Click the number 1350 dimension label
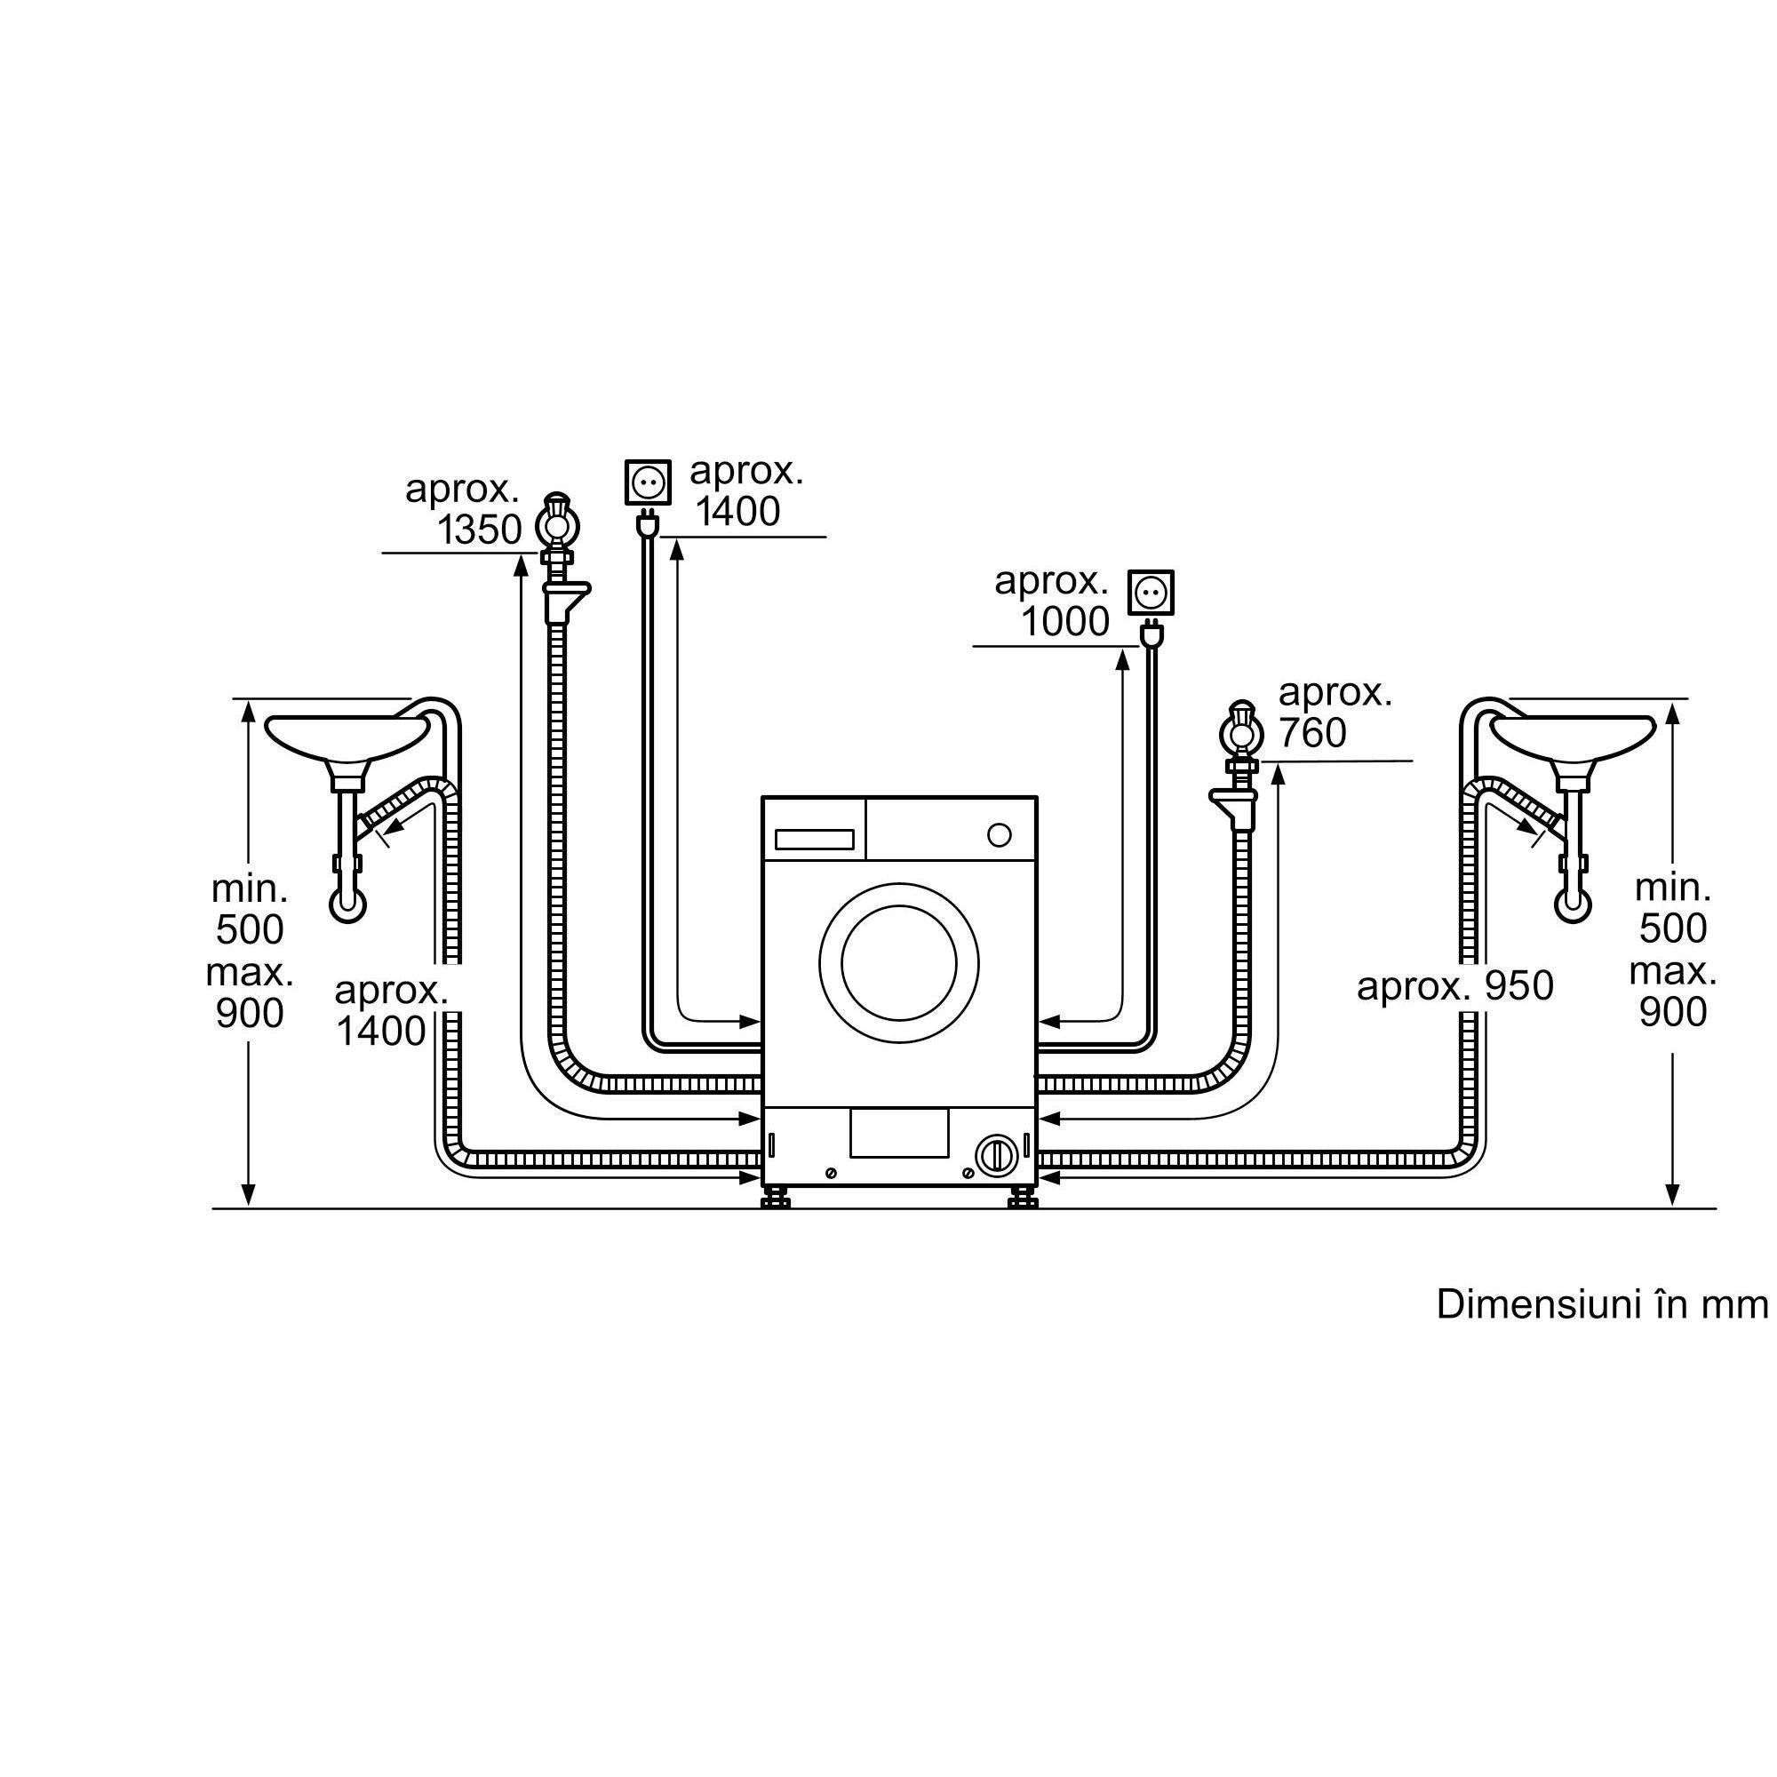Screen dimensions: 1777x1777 pyautogui.click(x=479, y=530)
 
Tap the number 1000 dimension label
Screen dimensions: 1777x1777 pyautogui.click(x=1065, y=623)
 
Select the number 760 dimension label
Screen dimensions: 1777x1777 pyautogui.click(x=1311, y=733)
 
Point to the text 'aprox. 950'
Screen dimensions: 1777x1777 pyautogui.click(x=1454, y=986)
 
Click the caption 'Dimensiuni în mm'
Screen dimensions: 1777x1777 pyautogui.click(x=1601, y=1304)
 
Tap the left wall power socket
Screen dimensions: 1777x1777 pyautogui.click(x=648, y=482)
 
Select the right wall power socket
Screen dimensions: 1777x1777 pyautogui.click(x=1151, y=593)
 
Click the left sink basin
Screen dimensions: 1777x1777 pyautogui.click(x=347, y=737)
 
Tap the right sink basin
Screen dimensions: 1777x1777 pyautogui.click(x=1573, y=737)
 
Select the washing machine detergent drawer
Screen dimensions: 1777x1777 pyautogui.click(x=814, y=839)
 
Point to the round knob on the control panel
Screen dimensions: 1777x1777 pyautogui.click(x=999, y=835)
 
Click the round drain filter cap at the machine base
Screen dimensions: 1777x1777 pyautogui.click(x=996, y=1154)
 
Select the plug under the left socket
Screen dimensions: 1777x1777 pyautogui.click(x=648, y=523)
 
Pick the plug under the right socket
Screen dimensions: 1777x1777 pyautogui.click(x=1151, y=634)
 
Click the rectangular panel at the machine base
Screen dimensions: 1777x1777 pyautogui.click(x=898, y=1132)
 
